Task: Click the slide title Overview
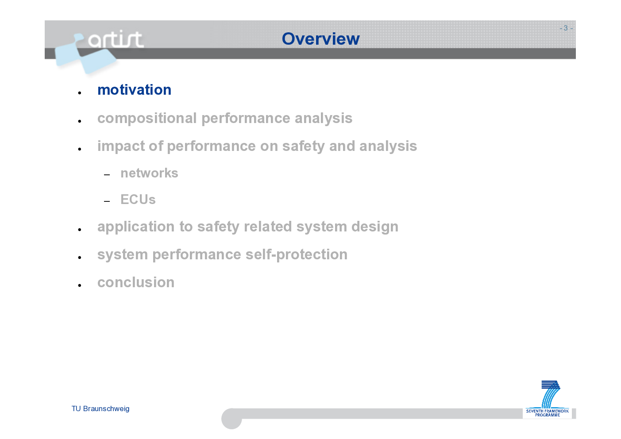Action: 320,39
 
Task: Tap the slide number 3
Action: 566,28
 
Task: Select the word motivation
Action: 134,90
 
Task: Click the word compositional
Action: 147,119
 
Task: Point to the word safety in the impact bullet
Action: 303,146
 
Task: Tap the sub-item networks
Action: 149,173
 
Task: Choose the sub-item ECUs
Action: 138,199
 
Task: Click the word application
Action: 136,227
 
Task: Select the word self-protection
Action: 297,255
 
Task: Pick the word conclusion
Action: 136,282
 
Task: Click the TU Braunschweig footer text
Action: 100,409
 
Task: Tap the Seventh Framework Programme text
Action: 547,413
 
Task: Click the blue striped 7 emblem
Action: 551,394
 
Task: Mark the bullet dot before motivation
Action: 80,93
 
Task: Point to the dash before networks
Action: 107,175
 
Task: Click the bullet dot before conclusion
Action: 80,285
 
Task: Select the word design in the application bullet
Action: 375,227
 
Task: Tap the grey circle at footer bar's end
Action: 231,419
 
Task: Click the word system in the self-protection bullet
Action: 123,255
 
